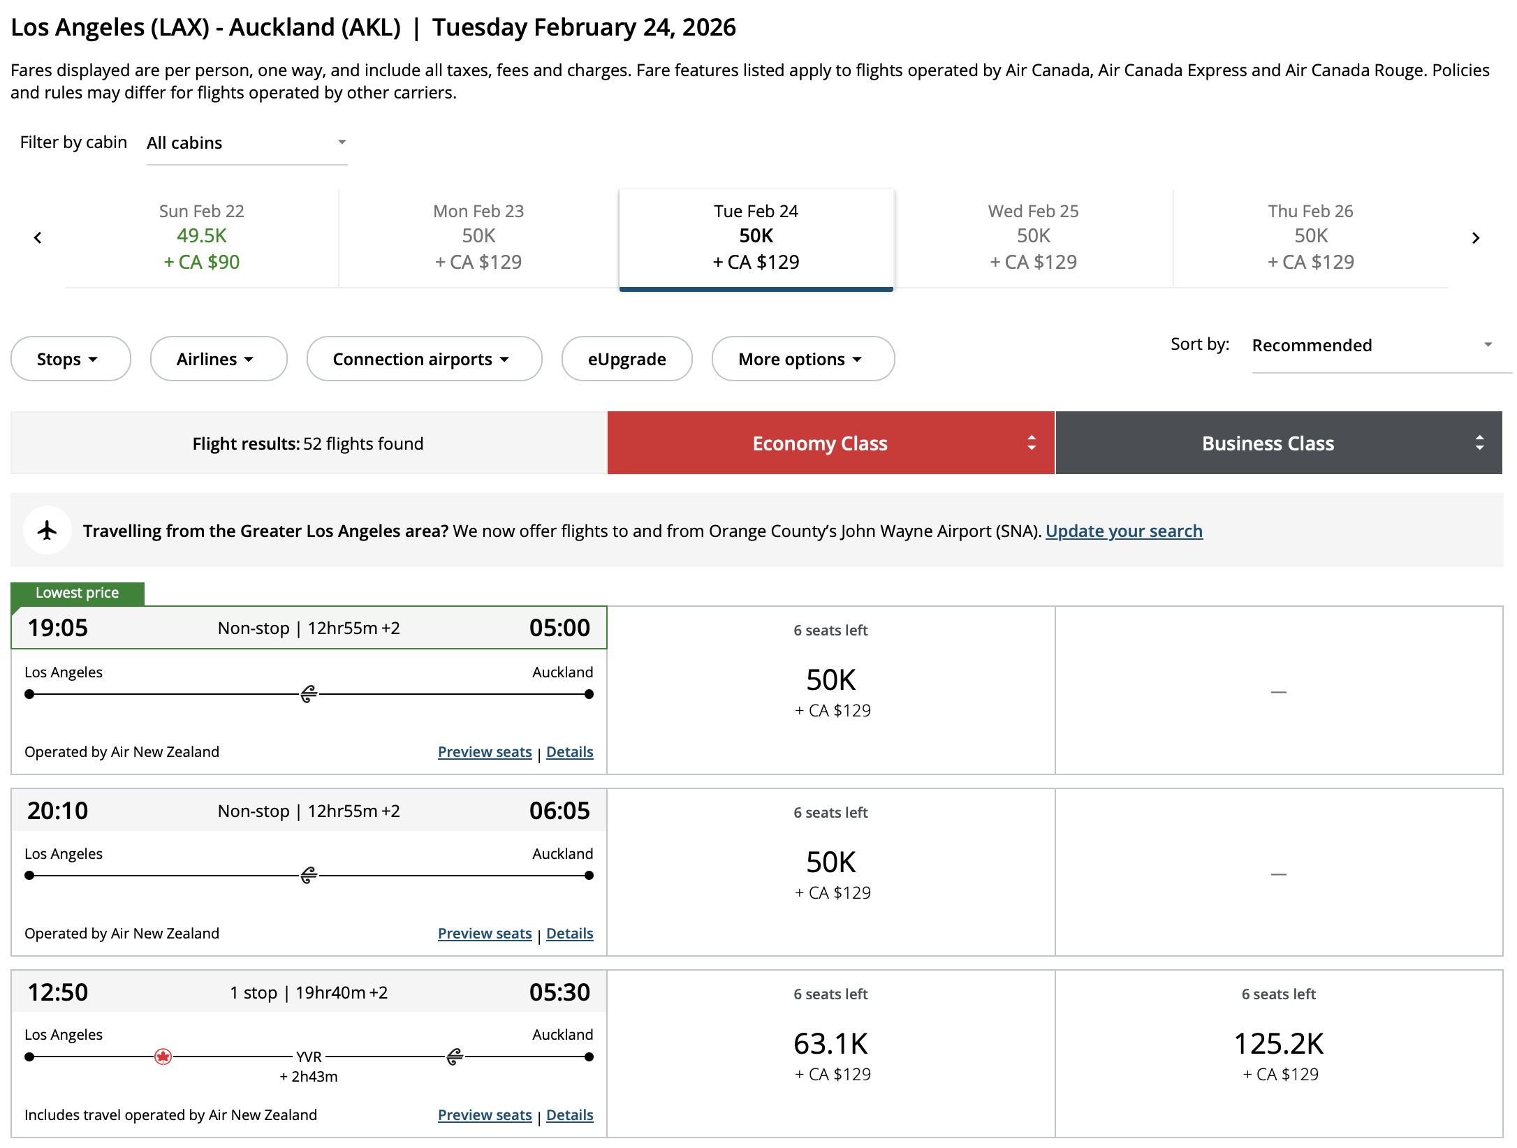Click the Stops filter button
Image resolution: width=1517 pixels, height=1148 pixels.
[71, 359]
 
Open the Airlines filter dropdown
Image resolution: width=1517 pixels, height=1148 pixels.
[218, 359]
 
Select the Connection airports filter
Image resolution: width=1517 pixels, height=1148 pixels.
[424, 359]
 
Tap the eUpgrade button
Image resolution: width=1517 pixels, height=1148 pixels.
[626, 359]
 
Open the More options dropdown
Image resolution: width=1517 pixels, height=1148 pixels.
[803, 359]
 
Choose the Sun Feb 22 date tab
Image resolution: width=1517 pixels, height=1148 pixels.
[201, 237]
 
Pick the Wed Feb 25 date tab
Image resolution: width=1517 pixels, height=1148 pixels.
[1033, 237]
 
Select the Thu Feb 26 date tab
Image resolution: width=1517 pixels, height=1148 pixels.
[1310, 237]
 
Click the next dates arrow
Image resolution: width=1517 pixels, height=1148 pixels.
[1475, 238]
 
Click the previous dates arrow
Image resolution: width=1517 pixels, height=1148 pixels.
[38, 238]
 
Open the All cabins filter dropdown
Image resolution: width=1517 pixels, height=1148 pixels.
[247, 143]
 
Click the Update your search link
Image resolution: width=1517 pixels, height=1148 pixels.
[1124, 531]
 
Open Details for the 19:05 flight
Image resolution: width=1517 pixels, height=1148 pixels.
[569, 752]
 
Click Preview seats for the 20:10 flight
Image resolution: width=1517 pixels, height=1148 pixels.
[485, 934]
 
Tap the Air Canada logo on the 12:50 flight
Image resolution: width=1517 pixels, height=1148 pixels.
[163, 1057]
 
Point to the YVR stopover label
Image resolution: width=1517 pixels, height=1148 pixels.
[309, 1057]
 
